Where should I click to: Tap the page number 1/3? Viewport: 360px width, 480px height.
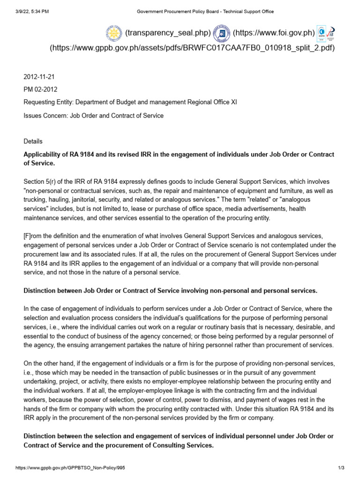(x=341, y=468)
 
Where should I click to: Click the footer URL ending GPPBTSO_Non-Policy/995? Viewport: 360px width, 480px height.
(x=70, y=468)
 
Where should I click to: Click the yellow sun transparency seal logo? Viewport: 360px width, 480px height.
(x=114, y=33)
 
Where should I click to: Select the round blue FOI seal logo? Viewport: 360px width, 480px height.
(x=221, y=33)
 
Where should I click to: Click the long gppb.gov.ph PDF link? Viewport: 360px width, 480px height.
(x=192, y=48)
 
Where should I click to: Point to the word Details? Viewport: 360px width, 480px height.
(x=33, y=141)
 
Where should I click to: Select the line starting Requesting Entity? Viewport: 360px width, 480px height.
(x=130, y=102)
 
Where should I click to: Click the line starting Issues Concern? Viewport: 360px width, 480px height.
(x=93, y=115)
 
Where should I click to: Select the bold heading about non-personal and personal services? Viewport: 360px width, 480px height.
(x=170, y=291)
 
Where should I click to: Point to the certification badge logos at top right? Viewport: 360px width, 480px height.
(x=326, y=33)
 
